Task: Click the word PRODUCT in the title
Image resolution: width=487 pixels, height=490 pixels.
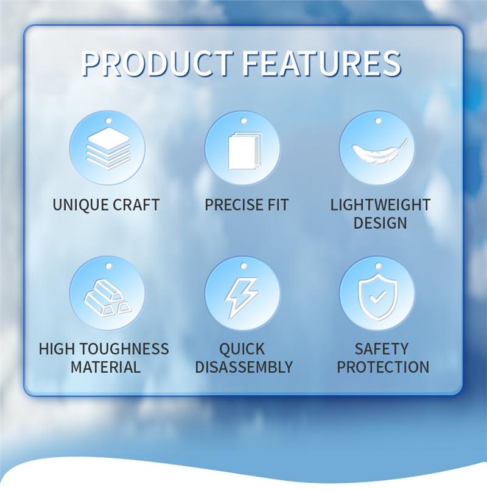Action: click(x=157, y=63)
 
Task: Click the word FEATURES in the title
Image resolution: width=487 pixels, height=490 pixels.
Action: click(x=322, y=63)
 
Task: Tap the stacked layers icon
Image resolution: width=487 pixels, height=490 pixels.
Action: click(x=108, y=148)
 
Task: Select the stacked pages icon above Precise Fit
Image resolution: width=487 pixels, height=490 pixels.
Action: click(x=245, y=151)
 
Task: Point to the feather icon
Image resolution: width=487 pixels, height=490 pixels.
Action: click(x=380, y=151)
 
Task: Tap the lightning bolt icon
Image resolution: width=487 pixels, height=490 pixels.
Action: click(x=242, y=298)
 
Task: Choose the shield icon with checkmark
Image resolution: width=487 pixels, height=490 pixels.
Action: click(x=378, y=297)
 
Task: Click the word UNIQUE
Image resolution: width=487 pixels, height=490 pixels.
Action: click(x=80, y=205)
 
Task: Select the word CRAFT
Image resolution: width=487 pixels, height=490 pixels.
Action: click(x=136, y=205)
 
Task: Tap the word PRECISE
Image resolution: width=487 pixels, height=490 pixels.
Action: click(x=229, y=205)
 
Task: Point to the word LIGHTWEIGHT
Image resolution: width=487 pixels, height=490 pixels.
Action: click(x=380, y=205)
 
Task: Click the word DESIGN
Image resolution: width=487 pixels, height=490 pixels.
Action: click(x=380, y=223)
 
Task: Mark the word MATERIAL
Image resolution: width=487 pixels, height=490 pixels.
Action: click(x=105, y=367)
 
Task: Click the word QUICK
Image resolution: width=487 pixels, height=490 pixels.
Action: click(x=242, y=349)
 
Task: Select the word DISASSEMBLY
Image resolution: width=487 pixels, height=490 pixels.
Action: click(x=244, y=367)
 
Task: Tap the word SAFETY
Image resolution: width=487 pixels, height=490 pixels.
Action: click(x=382, y=349)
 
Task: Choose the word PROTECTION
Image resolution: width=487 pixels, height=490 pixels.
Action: click(x=383, y=367)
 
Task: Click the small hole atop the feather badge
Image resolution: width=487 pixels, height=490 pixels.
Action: click(x=378, y=120)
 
